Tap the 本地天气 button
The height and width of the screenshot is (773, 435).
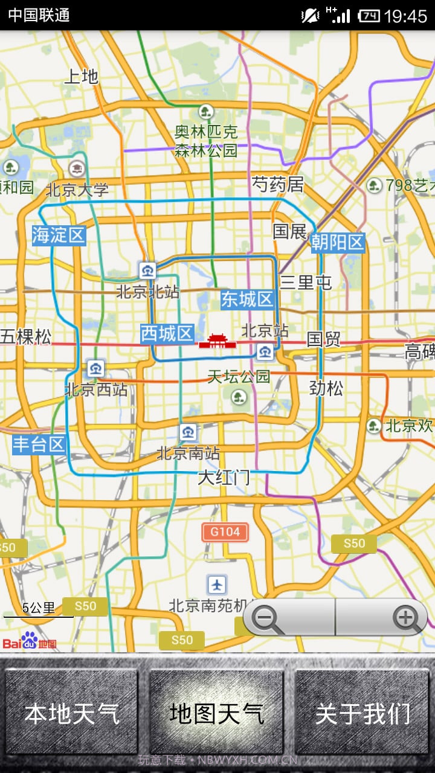point(72,713)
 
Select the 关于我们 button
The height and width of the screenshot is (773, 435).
point(362,713)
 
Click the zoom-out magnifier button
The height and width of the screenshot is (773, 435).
point(266,618)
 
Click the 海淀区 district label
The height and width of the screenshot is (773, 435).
point(59,235)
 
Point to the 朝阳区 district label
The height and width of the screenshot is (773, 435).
point(338,242)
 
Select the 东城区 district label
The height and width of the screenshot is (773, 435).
point(247,299)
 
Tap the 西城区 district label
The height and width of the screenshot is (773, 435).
point(167,333)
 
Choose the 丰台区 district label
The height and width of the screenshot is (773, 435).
point(39,445)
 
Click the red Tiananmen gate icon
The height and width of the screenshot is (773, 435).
point(217,342)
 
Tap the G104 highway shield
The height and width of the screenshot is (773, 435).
point(225,532)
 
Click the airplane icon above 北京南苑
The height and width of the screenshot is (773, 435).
point(217,584)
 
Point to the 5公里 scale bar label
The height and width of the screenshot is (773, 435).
point(39,608)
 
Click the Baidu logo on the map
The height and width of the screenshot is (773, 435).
point(30,641)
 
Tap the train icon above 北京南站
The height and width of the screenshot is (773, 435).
point(188,432)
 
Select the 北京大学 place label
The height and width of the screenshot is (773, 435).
point(77,190)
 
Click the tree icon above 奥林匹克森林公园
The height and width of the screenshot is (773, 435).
point(206,111)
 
